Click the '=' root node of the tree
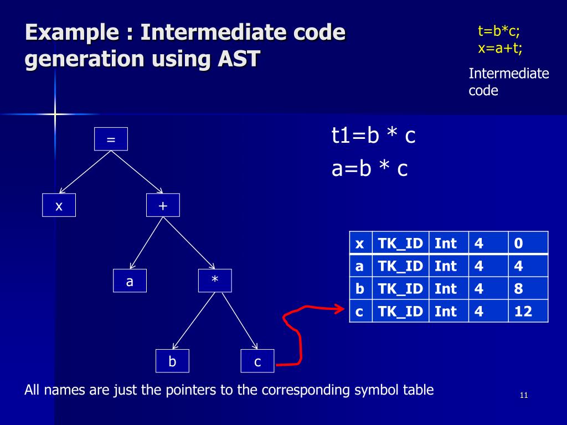(111, 139)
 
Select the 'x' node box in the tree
(59, 205)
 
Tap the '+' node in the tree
(163, 205)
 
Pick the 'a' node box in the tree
(130, 281)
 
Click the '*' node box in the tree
(215, 281)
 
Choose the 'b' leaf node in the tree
(172, 361)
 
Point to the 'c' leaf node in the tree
(257, 361)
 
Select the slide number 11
(524, 395)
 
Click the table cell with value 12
(528, 311)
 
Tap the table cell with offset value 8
(528, 288)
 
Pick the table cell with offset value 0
(528, 243)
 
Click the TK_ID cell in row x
(400, 243)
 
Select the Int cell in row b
(448, 288)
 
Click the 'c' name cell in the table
(360, 311)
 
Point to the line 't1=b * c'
(373, 136)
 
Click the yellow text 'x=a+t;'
(500, 48)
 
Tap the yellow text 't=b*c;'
(499, 32)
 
